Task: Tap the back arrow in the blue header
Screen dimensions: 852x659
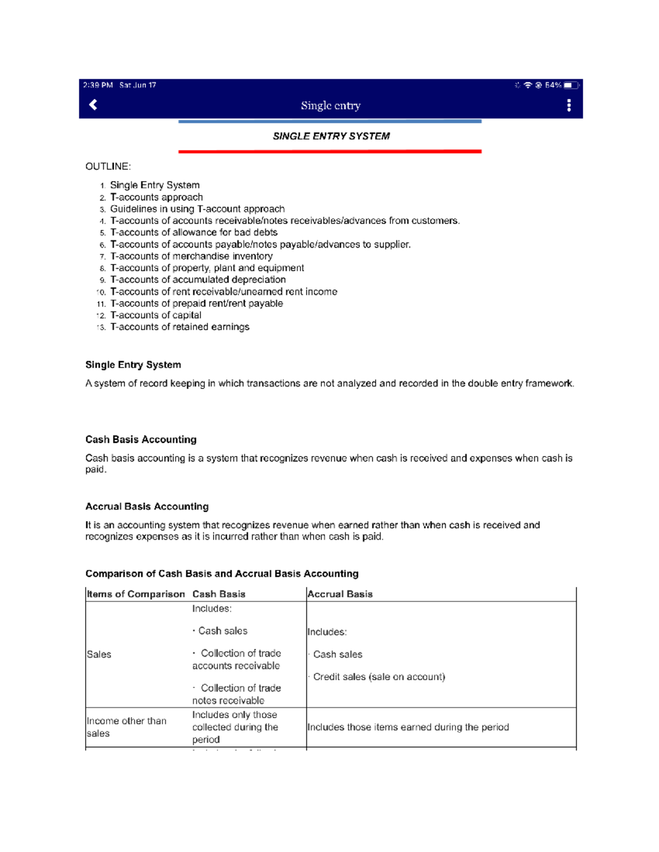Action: pos(93,105)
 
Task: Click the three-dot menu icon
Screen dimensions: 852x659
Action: pos(569,105)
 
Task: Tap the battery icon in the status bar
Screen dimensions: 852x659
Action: pos(571,85)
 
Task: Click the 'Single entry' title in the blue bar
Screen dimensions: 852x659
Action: pos(331,105)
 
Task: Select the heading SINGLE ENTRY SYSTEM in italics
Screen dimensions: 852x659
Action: pos(331,136)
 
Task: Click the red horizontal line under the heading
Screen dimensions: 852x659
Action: pos(329,151)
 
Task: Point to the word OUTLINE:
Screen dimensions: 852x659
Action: pos(108,166)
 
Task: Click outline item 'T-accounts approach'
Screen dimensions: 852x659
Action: pos(157,197)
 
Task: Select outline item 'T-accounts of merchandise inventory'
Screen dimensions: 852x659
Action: pos(191,256)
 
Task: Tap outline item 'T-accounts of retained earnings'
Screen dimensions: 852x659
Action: pos(180,327)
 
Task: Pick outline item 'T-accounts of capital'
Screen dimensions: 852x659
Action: pos(155,315)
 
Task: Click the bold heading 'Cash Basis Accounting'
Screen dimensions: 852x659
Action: pos(141,439)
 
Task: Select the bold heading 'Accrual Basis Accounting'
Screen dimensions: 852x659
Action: pos(147,506)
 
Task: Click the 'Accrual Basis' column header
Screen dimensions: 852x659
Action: pos(340,594)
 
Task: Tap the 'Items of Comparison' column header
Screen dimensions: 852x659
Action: pos(136,594)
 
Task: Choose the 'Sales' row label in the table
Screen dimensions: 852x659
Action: pos(99,654)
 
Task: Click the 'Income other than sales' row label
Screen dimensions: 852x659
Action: pos(126,727)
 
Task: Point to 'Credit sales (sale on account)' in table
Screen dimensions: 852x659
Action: pos(379,677)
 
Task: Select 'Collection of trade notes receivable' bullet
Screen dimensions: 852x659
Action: pos(236,694)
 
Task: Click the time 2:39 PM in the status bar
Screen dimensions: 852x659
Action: pos(98,85)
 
